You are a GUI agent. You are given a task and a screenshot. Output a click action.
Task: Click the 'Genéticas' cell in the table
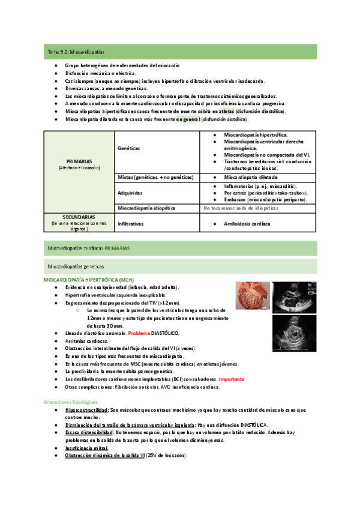pos(129,146)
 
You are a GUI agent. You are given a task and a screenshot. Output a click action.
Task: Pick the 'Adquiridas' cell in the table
pos(131,193)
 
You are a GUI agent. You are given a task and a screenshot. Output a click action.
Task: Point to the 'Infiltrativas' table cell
pos(130,223)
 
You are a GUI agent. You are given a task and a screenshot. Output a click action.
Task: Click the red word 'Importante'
pos(232,379)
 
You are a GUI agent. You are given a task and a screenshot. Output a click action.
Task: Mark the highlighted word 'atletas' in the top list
pos(227,111)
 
